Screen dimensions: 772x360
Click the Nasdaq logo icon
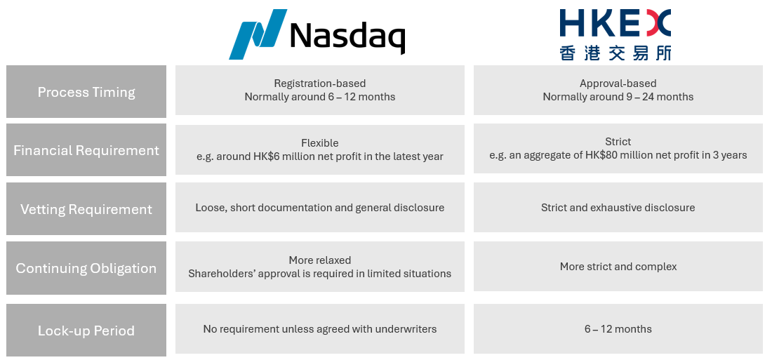point(258,34)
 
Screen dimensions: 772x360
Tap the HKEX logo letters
point(615,23)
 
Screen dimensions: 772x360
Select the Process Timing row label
point(86,92)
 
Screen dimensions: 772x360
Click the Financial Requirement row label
point(86,150)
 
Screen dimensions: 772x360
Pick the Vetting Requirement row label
point(86,209)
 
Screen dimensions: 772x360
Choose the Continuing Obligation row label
point(86,268)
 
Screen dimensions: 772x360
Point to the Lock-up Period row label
point(86,331)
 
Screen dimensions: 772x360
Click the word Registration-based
point(320,84)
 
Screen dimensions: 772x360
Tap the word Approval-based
point(618,84)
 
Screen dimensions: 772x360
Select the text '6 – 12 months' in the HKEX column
point(618,329)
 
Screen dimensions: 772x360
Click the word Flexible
point(320,143)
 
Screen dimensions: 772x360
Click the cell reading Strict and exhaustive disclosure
point(618,207)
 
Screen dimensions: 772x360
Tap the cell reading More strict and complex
point(618,267)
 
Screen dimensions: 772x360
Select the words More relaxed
point(320,260)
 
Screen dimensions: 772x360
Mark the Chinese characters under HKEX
point(615,53)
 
